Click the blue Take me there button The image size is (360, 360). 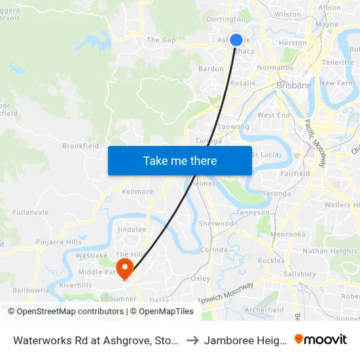point(180,160)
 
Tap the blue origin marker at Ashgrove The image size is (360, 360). point(236,40)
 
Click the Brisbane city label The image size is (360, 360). point(295,85)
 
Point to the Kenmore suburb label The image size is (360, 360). point(137,192)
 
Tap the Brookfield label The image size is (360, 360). point(81,146)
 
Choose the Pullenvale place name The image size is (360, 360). point(30,213)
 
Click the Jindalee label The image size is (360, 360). point(132,230)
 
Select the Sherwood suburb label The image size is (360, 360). point(216,223)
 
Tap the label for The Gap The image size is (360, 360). point(162,40)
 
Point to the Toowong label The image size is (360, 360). point(233,127)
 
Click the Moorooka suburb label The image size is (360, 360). point(289,234)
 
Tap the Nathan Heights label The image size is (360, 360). point(330,251)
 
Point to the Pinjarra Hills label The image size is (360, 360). point(59,242)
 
